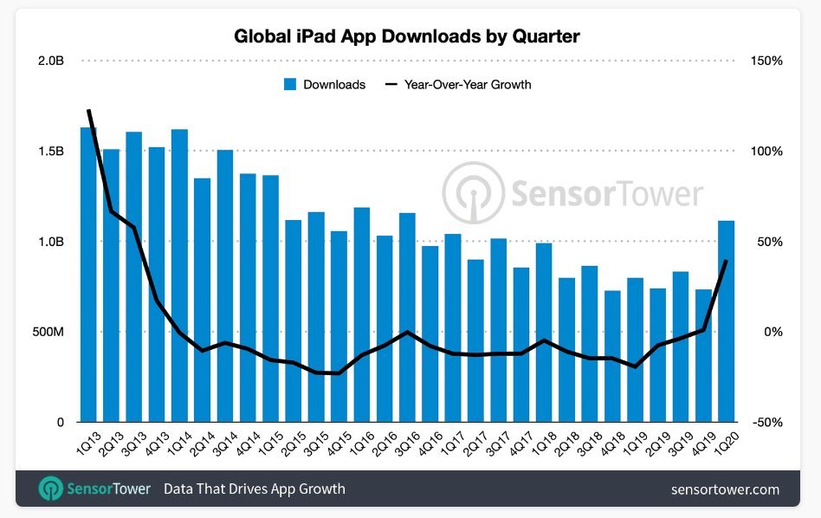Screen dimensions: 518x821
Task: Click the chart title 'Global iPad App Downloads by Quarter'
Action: (x=407, y=36)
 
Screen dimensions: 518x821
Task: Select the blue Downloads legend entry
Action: (x=324, y=85)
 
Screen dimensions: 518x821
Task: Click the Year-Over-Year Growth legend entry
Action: (x=458, y=85)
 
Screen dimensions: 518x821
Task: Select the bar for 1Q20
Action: (x=727, y=321)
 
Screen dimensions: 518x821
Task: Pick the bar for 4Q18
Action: (x=612, y=356)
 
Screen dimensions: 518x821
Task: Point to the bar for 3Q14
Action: (x=225, y=286)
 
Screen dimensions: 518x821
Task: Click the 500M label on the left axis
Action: (x=47, y=333)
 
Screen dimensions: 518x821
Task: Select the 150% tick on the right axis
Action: (x=766, y=62)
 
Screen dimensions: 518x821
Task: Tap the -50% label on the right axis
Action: (x=766, y=423)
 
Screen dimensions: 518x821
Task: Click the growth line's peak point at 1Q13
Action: (x=88, y=111)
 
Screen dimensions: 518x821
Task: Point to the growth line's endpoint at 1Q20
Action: (x=727, y=261)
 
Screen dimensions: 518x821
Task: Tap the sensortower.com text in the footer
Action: (x=725, y=489)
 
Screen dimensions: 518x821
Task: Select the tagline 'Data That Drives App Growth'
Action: (x=255, y=489)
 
